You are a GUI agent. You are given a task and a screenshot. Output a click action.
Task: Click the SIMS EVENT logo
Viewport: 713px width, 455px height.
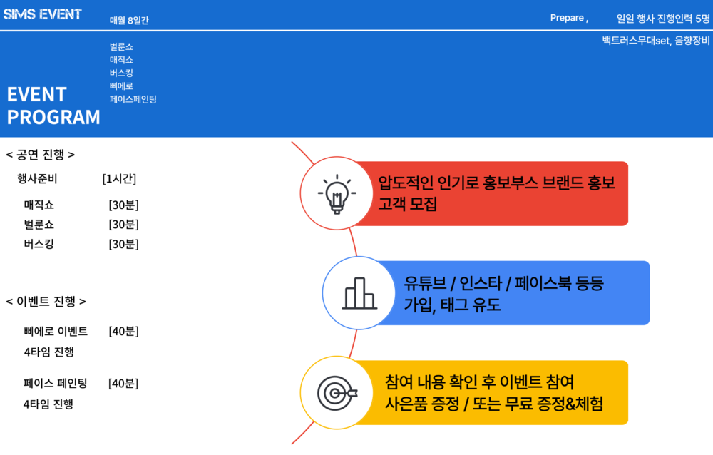[x=42, y=14]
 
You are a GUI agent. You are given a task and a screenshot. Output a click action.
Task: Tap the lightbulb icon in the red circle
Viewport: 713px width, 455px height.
[x=337, y=194]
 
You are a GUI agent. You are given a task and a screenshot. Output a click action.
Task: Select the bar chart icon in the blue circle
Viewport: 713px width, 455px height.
[x=359, y=294]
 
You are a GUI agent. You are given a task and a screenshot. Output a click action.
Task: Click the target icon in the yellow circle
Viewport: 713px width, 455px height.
[x=337, y=393]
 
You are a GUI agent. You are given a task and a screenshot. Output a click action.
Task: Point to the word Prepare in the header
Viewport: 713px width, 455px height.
[x=567, y=18]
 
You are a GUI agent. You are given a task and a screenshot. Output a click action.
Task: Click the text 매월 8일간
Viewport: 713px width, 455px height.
[x=129, y=20]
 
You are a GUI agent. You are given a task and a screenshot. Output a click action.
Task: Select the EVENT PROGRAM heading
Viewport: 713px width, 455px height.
[x=53, y=106]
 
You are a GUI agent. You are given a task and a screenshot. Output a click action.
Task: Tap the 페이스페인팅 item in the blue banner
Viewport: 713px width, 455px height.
[x=133, y=99]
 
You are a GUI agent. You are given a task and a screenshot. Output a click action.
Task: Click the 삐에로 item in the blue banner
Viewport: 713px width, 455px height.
[x=121, y=86]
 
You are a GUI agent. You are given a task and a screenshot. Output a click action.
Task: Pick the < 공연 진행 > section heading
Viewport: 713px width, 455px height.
[x=41, y=155]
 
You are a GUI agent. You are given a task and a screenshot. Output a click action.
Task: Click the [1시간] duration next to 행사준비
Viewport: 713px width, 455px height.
[x=119, y=179]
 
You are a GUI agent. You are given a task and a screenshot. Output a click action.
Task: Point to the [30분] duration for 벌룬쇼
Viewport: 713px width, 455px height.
[x=123, y=225]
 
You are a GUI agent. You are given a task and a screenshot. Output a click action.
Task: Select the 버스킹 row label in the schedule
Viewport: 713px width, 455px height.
[x=39, y=244]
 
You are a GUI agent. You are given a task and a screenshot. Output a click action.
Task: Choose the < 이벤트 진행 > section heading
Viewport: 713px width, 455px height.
[x=46, y=301]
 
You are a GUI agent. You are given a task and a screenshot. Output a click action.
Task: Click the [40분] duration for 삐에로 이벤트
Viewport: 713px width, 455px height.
[x=123, y=331]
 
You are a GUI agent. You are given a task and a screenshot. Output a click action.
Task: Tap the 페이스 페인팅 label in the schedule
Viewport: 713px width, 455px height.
[x=56, y=383]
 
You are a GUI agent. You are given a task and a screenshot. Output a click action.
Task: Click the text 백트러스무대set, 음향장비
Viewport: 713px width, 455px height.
[x=656, y=41]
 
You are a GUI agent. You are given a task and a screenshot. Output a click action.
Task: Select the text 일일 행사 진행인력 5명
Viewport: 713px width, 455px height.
[x=663, y=19]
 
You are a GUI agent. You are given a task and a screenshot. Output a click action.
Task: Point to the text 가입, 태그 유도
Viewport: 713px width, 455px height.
[x=453, y=305]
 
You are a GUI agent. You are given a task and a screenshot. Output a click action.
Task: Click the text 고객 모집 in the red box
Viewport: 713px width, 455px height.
[x=407, y=203]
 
